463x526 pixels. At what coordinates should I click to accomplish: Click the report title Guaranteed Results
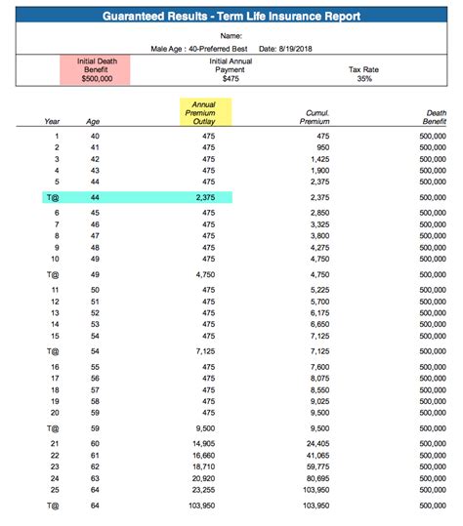[x=231, y=17]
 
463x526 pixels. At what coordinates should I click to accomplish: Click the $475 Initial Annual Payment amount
[x=231, y=78]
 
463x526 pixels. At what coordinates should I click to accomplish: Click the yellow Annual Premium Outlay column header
[x=205, y=111]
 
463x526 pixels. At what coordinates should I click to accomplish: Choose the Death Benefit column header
[x=435, y=116]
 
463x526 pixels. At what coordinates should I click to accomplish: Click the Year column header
[x=53, y=122]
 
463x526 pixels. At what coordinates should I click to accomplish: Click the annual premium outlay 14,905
[x=205, y=444]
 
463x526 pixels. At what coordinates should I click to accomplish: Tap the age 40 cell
[x=96, y=136]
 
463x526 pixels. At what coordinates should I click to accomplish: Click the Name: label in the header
[x=231, y=33]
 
